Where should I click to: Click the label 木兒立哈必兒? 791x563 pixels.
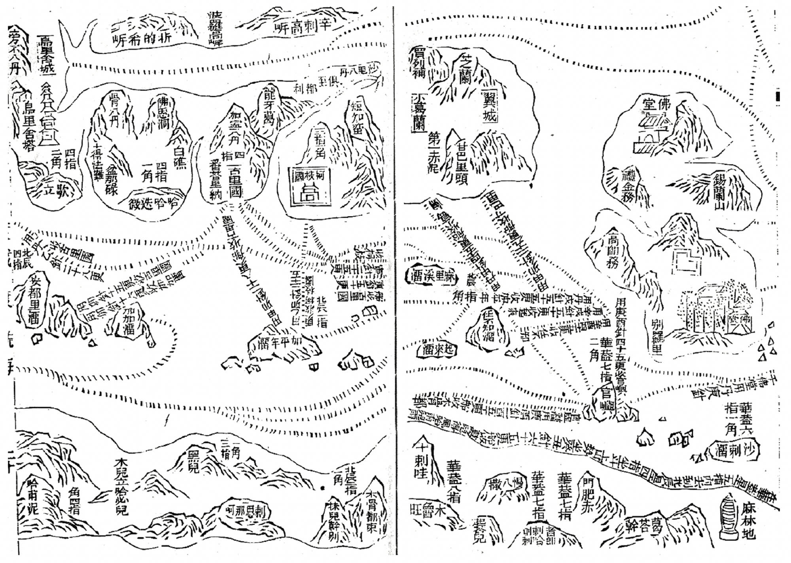coord(120,486)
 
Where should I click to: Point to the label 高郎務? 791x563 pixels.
coord(612,251)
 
